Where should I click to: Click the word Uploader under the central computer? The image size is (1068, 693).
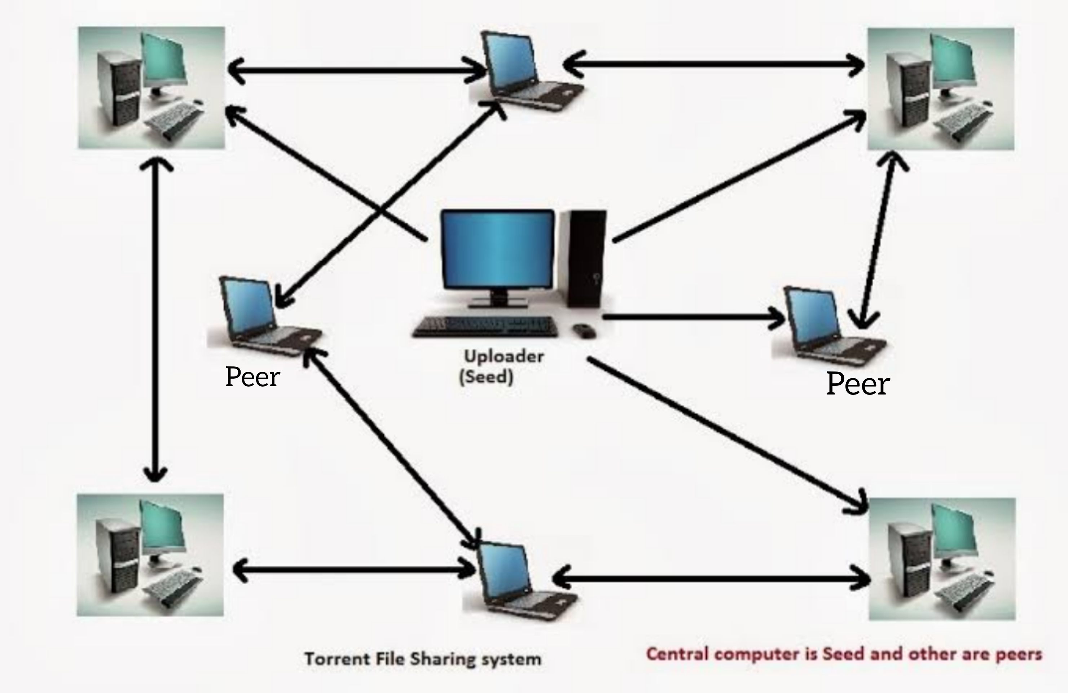504,357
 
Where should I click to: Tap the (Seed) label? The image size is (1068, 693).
486,376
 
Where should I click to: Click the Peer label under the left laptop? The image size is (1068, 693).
252,377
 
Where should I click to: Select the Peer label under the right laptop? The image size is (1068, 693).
858,384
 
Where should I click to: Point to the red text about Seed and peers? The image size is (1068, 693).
844,654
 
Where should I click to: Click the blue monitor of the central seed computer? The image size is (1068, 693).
497,249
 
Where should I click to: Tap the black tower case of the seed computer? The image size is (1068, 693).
584,258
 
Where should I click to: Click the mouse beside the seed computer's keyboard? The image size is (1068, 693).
584,331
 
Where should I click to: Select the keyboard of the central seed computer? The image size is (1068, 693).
485,327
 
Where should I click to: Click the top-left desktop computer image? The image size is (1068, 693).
151,88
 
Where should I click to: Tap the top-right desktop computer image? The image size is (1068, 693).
941,89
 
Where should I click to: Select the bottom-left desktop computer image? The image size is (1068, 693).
150,555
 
